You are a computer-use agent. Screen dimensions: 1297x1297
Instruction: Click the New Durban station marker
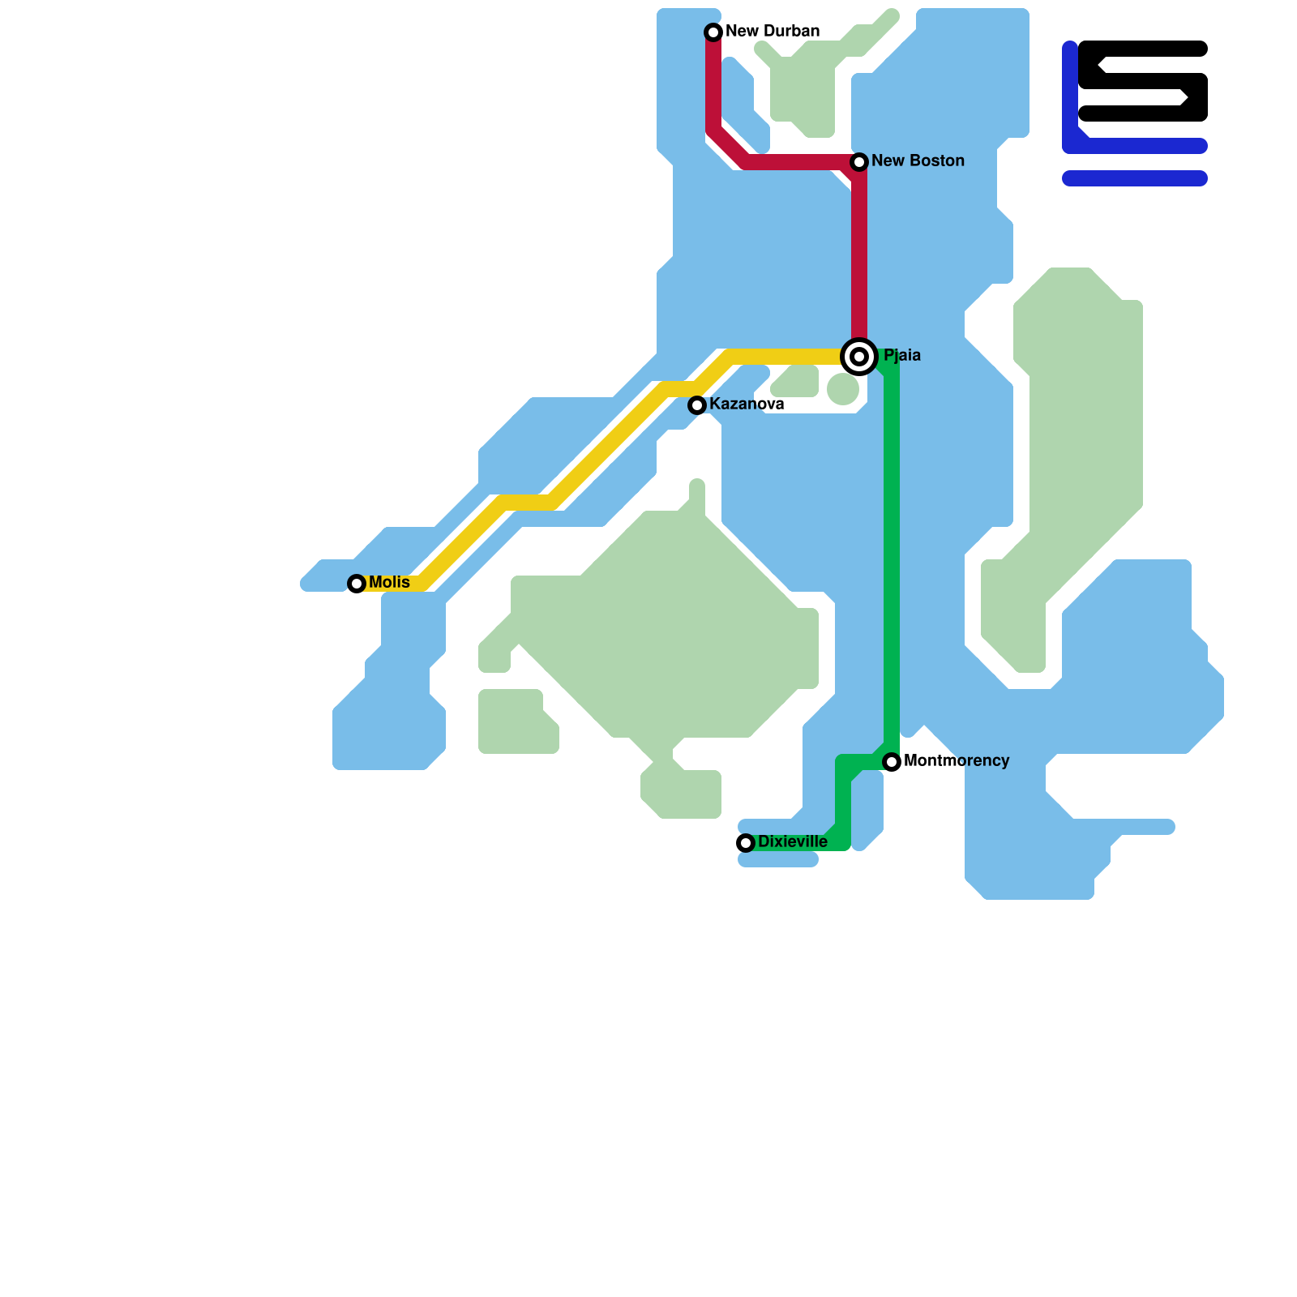[x=713, y=32]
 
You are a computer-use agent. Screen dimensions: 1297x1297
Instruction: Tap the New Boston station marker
[x=859, y=162]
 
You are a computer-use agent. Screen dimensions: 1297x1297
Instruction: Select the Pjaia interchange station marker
[x=859, y=357]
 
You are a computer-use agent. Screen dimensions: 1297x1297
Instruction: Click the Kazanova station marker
[x=697, y=405]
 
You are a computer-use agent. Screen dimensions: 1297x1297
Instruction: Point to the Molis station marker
[x=357, y=584]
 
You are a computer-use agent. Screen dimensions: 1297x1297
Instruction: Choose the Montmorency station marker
[x=892, y=762]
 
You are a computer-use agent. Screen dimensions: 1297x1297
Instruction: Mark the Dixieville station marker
[x=746, y=843]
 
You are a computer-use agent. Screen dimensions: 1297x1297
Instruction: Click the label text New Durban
[x=773, y=32]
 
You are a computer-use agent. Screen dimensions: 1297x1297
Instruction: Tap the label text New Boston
[x=918, y=161]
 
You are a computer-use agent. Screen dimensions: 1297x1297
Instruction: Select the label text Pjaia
[x=902, y=356]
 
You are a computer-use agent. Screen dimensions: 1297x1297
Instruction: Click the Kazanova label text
[x=747, y=405]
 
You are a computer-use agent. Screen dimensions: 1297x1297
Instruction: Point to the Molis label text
[x=389, y=583]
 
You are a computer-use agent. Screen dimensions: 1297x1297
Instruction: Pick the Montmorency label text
[x=957, y=761]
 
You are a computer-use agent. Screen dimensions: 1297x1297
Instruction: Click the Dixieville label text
[x=793, y=842]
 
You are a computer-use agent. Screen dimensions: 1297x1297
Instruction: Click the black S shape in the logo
[x=1143, y=81]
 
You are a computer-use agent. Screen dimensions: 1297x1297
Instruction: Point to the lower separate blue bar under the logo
[x=1135, y=178]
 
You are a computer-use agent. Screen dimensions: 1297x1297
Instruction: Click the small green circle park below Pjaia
[x=843, y=389]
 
